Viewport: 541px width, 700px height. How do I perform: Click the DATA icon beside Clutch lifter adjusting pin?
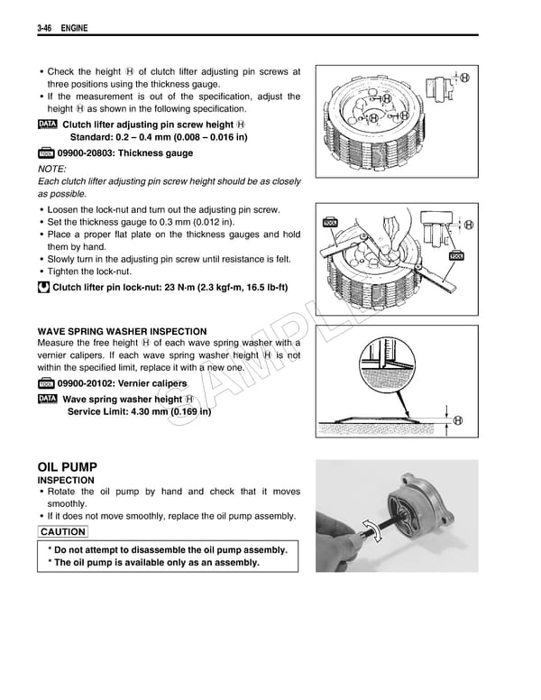coord(48,124)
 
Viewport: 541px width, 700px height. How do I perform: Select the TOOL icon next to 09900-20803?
coord(48,154)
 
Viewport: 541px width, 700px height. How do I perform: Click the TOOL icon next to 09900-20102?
coord(48,384)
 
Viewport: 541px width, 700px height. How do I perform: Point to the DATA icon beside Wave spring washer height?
coord(48,399)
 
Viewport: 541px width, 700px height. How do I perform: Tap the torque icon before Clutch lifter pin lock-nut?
coord(43,288)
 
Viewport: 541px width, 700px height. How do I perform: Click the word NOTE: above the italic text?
coord(53,169)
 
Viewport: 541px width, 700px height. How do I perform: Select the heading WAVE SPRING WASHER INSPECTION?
coord(122,331)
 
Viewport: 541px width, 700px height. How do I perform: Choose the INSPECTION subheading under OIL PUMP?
coord(66,481)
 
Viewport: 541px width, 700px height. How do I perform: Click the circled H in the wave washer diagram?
coord(458,420)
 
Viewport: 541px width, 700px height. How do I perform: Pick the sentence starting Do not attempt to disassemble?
coord(168,549)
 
